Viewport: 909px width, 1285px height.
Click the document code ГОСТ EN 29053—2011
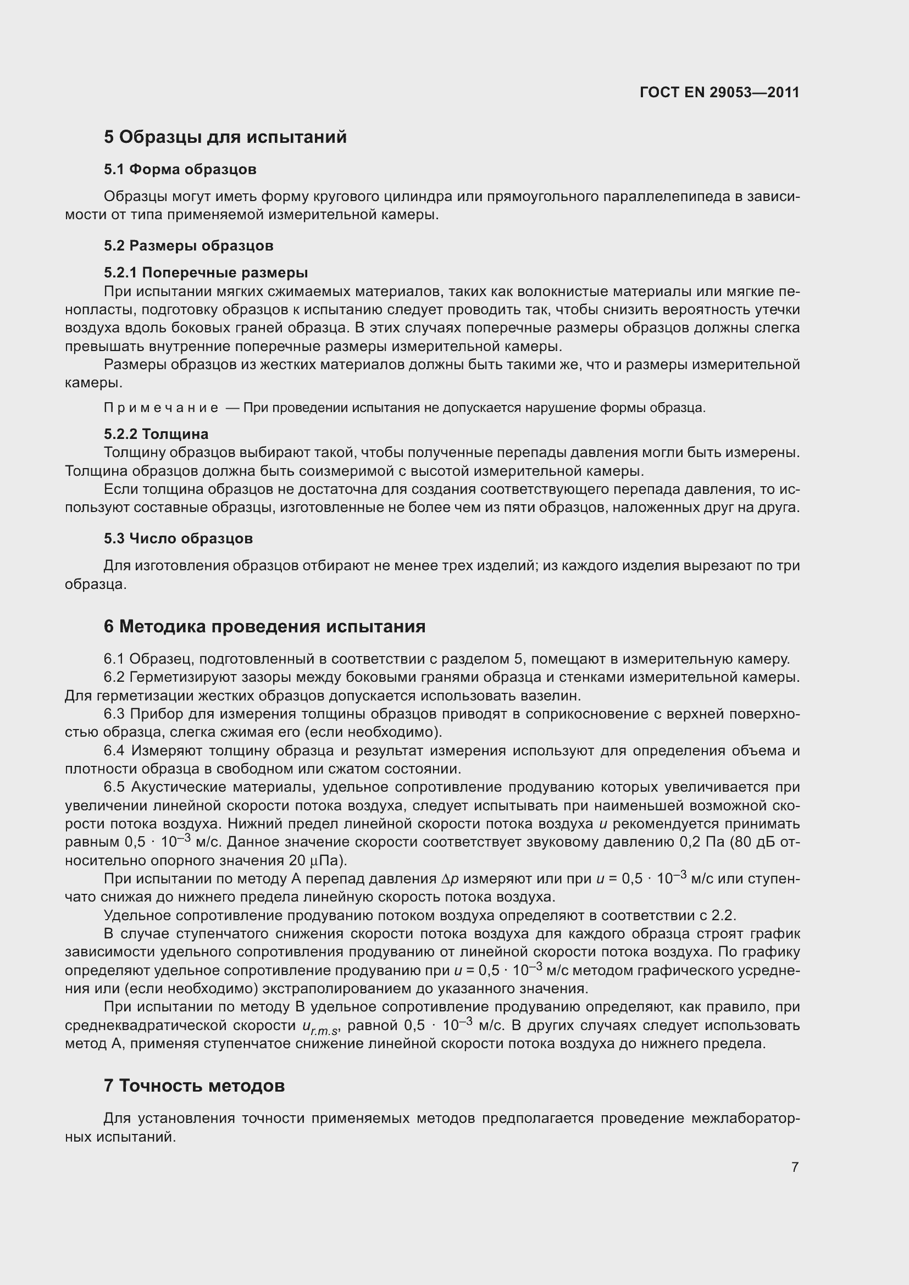pyautogui.click(x=719, y=92)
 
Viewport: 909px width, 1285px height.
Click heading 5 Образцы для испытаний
pyautogui.click(x=225, y=137)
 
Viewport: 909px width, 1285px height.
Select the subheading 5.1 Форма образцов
pyautogui.click(x=180, y=169)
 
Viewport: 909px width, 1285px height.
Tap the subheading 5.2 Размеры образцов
pyautogui.click(x=188, y=245)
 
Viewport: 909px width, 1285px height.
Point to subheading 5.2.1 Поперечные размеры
pyautogui.click(x=206, y=272)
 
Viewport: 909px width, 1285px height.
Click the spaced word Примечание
pyautogui.click(x=160, y=408)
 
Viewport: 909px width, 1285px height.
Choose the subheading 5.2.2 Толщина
pyautogui.click(x=156, y=434)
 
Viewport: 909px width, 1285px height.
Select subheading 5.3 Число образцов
pyautogui.click(x=178, y=538)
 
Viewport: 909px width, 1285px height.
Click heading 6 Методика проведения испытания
pyautogui.click(x=264, y=626)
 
